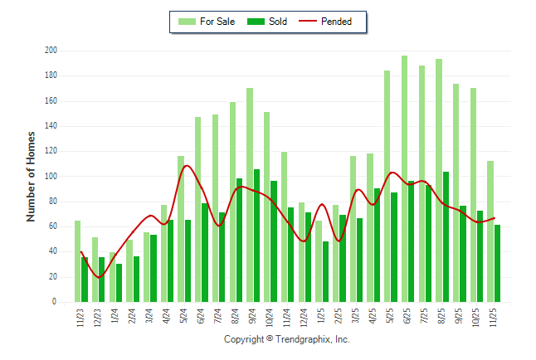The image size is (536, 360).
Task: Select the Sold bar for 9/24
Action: pyautogui.click(x=256, y=236)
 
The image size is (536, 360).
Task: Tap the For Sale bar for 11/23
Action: pyautogui.click(x=77, y=261)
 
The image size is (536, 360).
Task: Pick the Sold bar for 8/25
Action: pyautogui.click(x=446, y=236)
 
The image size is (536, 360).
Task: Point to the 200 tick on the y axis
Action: pyautogui.click(x=51, y=51)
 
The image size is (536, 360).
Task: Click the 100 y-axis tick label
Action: pyautogui.click(x=51, y=177)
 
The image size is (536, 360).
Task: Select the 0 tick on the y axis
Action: pyautogui.click(x=54, y=302)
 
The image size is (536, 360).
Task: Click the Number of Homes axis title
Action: pyautogui.click(x=31, y=176)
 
